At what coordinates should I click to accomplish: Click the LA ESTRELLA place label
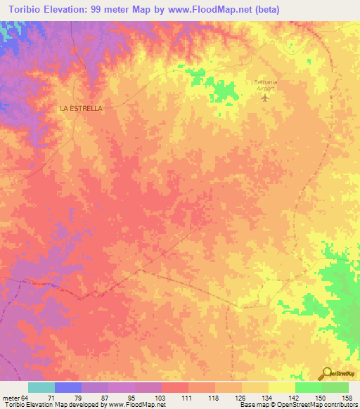click(x=81, y=109)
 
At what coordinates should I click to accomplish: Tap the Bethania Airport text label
click(x=265, y=85)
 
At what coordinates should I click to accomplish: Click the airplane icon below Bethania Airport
click(x=265, y=97)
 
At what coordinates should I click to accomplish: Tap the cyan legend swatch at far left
click(x=41, y=387)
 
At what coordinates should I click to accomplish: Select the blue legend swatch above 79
click(x=68, y=387)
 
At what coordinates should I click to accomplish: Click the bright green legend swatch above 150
click(x=309, y=387)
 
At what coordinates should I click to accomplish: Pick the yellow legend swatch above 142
click(x=282, y=387)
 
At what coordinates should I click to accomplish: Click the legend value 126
click(x=241, y=397)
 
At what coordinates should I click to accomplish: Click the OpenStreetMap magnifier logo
click(x=327, y=374)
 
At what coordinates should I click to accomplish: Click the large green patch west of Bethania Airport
click(x=224, y=91)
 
